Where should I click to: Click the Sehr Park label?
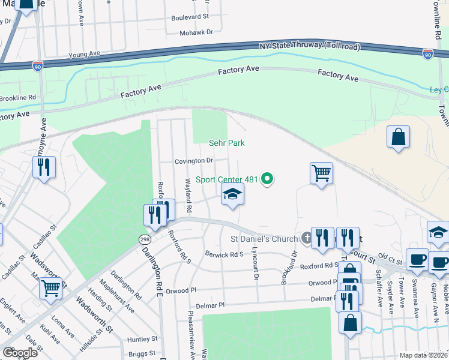227,143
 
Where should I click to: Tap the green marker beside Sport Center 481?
269,178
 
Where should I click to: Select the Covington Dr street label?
194,161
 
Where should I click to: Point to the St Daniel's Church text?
265,239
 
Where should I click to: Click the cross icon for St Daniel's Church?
306,239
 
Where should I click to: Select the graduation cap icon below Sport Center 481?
233,194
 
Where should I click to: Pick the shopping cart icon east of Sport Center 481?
321,173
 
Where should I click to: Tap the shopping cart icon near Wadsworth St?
51,288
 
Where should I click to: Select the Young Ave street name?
84,54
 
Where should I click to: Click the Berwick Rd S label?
224,254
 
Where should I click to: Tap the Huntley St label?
142,340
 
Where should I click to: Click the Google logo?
20,353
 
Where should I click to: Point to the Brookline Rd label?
18,97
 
